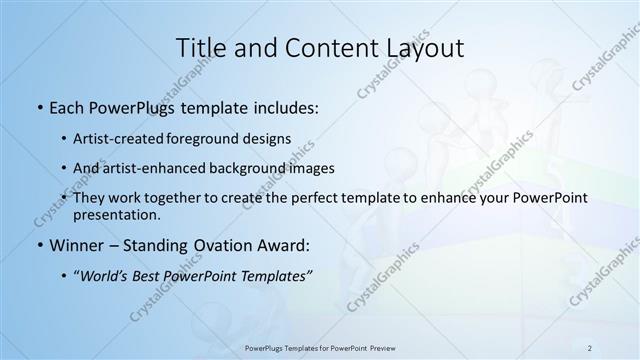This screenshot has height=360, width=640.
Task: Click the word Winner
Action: [76, 246]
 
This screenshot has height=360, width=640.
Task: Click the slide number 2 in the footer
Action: [590, 347]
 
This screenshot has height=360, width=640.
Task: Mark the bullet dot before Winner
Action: [38, 246]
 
